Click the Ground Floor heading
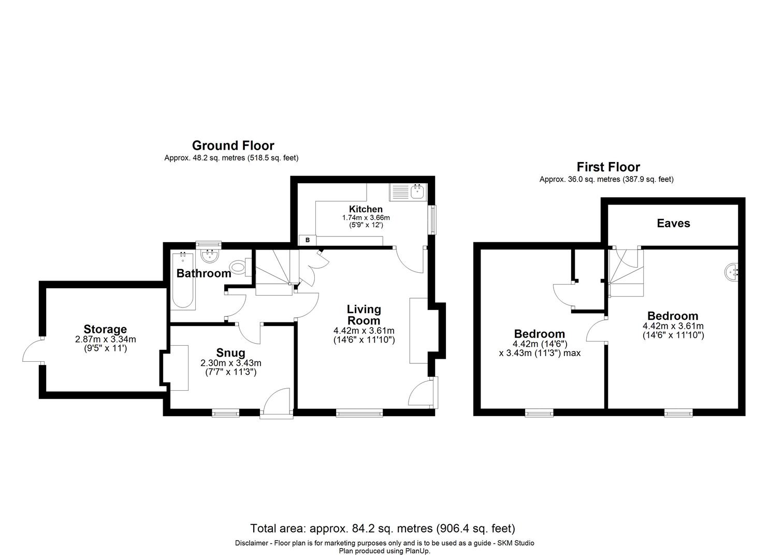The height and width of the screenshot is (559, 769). click(x=233, y=145)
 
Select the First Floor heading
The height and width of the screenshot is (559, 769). click(x=608, y=167)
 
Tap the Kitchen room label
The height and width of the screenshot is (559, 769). click(x=366, y=209)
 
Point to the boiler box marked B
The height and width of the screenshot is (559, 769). click(x=307, y=240)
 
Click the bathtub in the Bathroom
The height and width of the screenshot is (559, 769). click(x=182, y=280)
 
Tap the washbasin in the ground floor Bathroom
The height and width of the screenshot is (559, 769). click(x=209, y=256)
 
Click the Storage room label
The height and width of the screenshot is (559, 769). click(x=105, y=329)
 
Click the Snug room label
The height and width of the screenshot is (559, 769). click(x=230, y=353)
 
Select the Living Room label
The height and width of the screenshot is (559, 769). click(x=364, y=315)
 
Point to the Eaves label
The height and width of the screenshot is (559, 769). click(x=673, y=223)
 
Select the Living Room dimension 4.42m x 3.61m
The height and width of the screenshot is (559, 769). click(x=364, y=331)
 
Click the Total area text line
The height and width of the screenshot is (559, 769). click(x=383, y=528)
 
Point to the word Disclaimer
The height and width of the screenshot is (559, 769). click(x=252, y=543)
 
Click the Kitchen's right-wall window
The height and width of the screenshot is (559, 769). click(x=431, y=219)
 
